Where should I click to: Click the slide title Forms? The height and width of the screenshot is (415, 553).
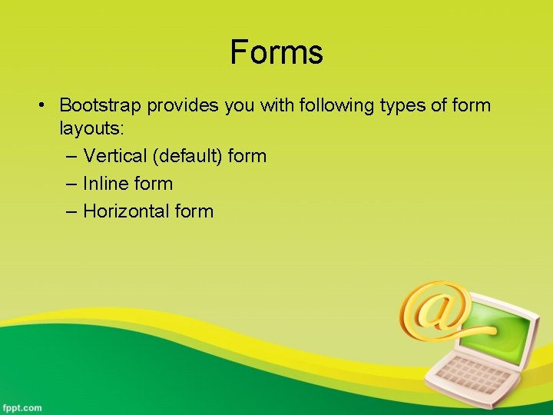pos(276,52)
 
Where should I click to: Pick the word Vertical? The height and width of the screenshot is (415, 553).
pos(115,156)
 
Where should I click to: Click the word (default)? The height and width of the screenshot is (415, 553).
pos(187,156)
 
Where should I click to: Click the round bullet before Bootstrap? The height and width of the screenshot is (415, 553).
pos(46,105)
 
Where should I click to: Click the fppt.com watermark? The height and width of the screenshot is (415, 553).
pos(22,407)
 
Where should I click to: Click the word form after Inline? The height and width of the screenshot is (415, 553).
pos(153,184)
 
